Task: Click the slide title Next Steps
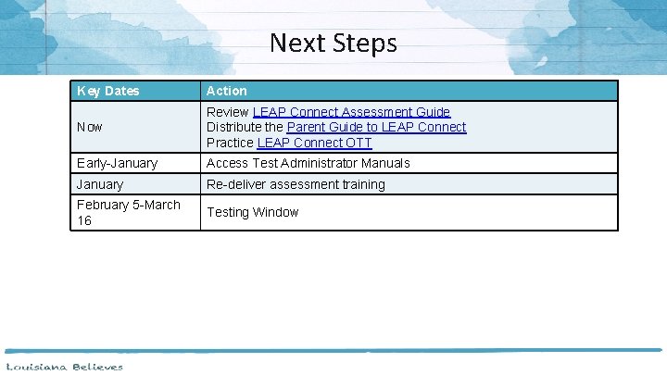333,43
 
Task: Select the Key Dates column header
108,91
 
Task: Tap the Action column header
227,91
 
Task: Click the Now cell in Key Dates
90,127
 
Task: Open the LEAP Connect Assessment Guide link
352,111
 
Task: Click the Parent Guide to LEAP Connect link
376,127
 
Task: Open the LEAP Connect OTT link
314,143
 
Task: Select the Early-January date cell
118,163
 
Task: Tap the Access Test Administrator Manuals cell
308,163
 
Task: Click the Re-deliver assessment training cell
296,184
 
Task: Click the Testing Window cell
252,212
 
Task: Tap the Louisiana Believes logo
63,367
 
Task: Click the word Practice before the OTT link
230,143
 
